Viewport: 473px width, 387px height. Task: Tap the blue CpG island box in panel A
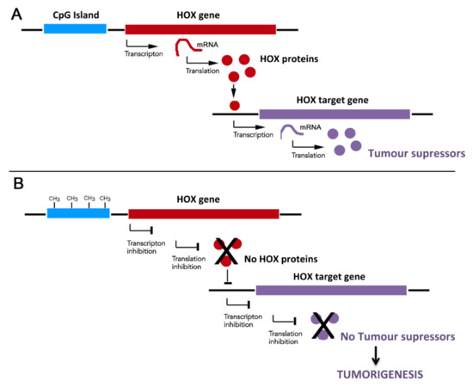[x=75, y=29]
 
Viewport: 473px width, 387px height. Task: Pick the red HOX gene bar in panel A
[x=200, y=29]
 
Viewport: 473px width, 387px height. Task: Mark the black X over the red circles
[x=227, y=250]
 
